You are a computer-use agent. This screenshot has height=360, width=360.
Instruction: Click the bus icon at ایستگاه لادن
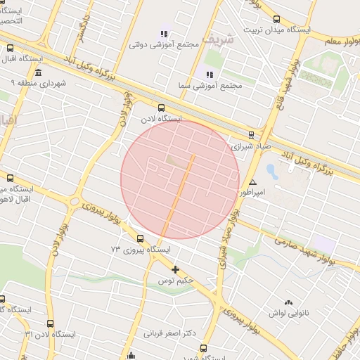click(x=162, y=108)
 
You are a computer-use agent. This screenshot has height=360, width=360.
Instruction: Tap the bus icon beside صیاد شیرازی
click(x=251, y=135)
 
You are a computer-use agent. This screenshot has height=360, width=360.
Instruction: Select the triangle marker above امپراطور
click(x=253, y=182)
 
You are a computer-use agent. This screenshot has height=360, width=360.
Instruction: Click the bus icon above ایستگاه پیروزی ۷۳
click(x=140, y=238)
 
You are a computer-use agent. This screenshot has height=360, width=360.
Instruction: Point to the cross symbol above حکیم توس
click(x=175, y=269)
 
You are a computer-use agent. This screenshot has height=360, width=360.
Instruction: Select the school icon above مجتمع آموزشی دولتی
click(x=164, y=33)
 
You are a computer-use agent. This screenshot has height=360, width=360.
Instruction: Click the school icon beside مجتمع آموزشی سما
click(x=208, y=74)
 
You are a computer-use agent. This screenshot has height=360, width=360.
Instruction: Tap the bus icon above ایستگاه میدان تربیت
click(x=276, y=20)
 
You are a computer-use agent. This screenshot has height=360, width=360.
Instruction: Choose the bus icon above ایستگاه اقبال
click(x=10, y=49)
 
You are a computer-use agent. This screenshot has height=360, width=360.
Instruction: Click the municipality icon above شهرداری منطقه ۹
click(x=37, y=72)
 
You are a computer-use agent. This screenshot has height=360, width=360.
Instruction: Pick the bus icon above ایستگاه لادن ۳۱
click(x=50, y=323)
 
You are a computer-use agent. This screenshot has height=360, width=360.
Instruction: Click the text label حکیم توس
click(x=175, y=281)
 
